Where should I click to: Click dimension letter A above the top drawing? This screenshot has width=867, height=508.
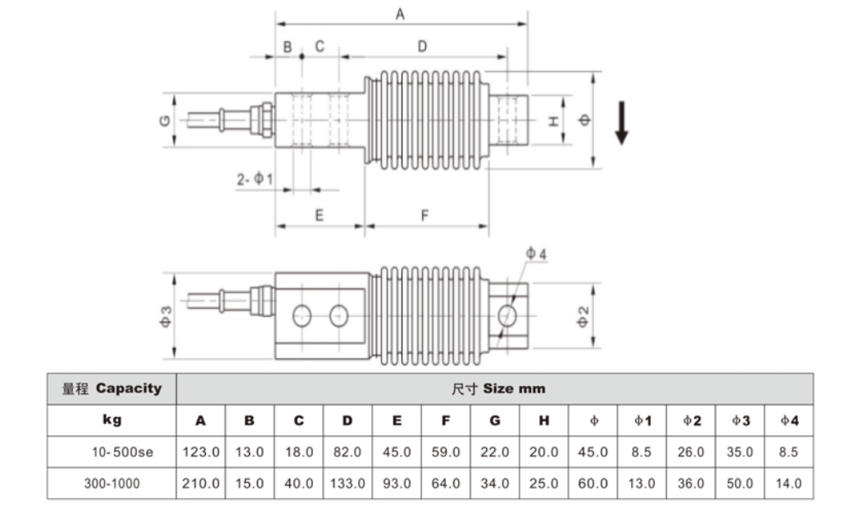[x=400, y=15]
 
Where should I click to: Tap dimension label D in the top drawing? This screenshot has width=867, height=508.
[x=422, y=47]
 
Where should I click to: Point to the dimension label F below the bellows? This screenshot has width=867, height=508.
[x=424, y=215]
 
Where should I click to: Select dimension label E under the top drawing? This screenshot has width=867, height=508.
[x=320, y=215]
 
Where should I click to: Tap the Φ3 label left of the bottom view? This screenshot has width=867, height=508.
[x=165, y=316]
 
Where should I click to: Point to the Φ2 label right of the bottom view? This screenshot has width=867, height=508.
[x=583, y=316]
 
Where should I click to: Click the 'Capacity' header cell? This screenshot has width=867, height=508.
[x=112, y=388]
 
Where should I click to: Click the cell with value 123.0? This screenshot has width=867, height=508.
[x=201, y=451]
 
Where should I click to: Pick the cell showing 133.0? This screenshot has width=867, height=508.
[x=347, y=483]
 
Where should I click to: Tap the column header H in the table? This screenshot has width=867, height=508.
[x=544, y=420]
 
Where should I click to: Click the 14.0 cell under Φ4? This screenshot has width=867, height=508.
[x=788, y=483]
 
